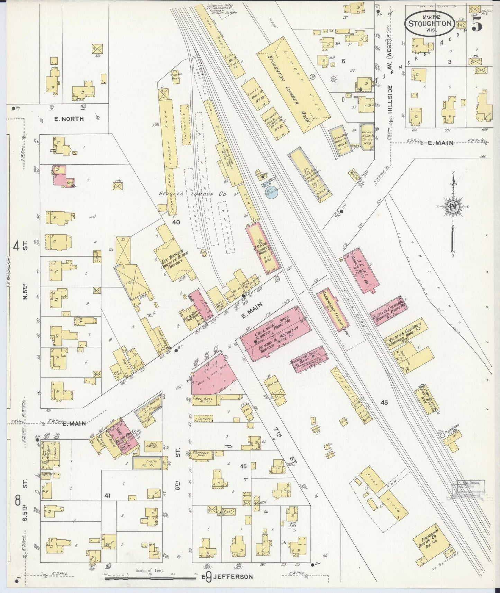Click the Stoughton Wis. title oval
(x=430, y=23)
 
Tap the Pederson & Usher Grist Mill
(x=308, y=359)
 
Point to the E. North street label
(x=69, y=119)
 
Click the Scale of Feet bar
(x=151, y=576)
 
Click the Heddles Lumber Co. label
(x=192, y=195)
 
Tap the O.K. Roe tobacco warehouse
(x=262, y=248)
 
